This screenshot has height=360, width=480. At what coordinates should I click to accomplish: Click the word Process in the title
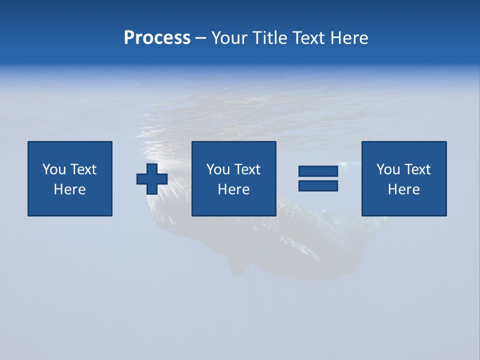pyautogui.click(x=157, y=38)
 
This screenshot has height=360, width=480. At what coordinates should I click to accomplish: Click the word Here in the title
pyautogui.click(x=349, y=38)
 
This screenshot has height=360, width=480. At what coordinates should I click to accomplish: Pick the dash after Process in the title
pyautogui.click(x=201, y=38)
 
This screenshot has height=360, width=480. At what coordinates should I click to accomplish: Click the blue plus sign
pyautogui.click(x=152, y=179)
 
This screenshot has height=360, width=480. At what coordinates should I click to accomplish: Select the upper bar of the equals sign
pyautogui.click(x=318, y=171)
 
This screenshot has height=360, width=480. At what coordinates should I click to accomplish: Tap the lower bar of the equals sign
pyautogui.click(x=318, y=185)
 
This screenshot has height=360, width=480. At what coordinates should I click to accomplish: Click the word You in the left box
pyautogui.click(x=54, y=169)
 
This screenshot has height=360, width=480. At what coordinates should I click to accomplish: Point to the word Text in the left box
pyautogui.click(x=83, y=169)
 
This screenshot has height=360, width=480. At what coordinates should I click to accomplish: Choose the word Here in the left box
pyautogui.click(x=69, y=189)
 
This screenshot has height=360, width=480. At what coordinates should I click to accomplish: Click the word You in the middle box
pyautogui.click(x=218, y=169)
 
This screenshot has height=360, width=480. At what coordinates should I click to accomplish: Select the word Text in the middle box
pyautogui.click(x=247, y=169)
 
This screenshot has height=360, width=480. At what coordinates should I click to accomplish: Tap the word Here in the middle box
pyautogui.click(x=233, y=189)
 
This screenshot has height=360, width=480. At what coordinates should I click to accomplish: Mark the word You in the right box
pyautogui.click(x=388, y=169)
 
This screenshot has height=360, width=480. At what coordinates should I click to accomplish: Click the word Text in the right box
pyautogui.click(x=417, y=169)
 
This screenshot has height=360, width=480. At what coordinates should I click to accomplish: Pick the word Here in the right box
pyautogui.click(x=403, y=189)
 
